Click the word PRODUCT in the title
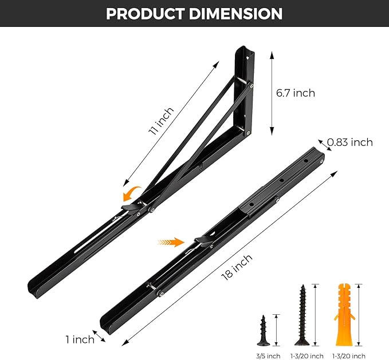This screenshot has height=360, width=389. tap(148, 14)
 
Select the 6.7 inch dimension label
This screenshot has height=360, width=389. tap(296, 93)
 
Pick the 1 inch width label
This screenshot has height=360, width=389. tap(80, 339)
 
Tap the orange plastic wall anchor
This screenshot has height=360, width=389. tap(342, 314)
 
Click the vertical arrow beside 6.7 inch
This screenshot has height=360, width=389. tap(271, 92)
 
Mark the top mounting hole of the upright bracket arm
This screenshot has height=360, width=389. tap(248, 57)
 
